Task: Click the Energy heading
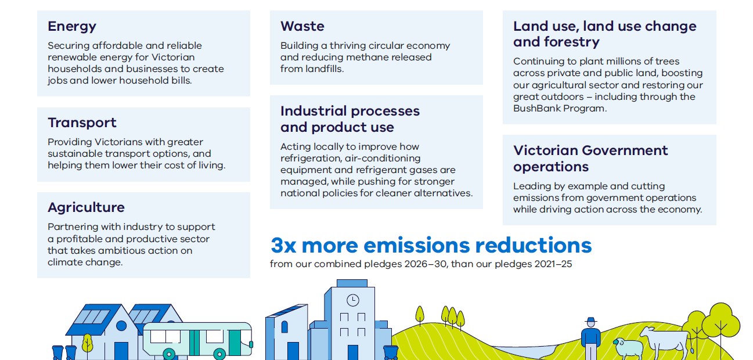click(x=72, y=27)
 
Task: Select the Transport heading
click(x=82, y=123)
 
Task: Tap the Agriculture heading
click(x=86, y=207)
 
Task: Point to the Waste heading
click(x=302, y=26)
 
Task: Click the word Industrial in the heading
click(x=314, y=111)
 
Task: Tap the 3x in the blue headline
click(x=283, y=246)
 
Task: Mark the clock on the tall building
click(x=352, y=300)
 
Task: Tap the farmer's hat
click(x=591, y=320)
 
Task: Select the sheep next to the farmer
click(x=628, y=348)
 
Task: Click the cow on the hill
click(x=665, y=343)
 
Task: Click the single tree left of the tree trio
click(x=419, y=315)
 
